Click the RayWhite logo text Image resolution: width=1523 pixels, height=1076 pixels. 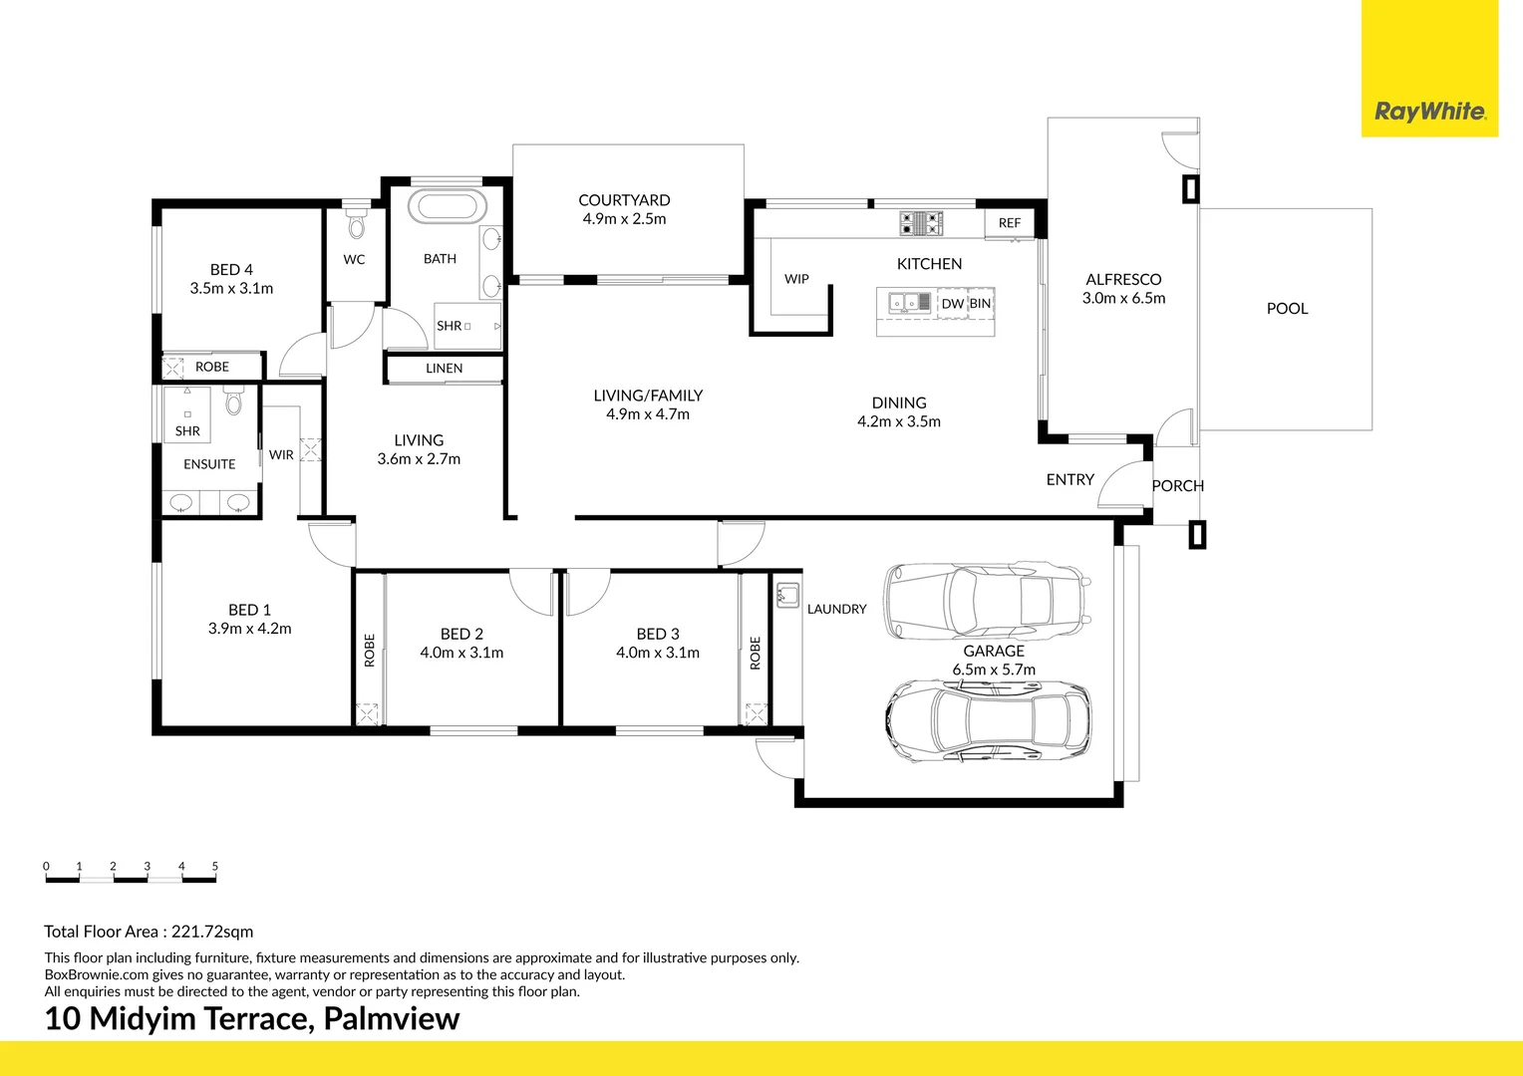(1430, 112)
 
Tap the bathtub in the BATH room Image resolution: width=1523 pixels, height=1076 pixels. (448, 206)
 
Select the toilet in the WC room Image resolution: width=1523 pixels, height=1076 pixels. (356, 221)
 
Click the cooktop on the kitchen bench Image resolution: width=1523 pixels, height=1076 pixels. (921, 223)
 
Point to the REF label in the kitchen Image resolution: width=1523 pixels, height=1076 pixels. (1010, 223)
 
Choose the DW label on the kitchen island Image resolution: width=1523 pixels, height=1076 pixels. (953, 304)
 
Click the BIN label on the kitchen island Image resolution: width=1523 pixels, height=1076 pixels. (980, 303)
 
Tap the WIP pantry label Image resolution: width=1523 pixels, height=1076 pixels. (796, 279)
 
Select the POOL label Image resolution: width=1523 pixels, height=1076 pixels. (1287, 309)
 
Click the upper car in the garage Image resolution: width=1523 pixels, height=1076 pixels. (987, 601)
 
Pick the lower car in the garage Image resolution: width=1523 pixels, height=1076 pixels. (988, 720)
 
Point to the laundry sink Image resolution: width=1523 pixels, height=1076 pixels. (787, 596)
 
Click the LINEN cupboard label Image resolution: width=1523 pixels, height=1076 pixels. (444, 369)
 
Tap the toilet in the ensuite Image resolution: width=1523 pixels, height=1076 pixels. (233, 402)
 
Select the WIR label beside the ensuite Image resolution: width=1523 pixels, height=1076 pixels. (281, 454)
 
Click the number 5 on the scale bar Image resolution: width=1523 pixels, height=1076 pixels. (215, 866)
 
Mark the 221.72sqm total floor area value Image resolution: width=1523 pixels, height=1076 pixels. (212, 932)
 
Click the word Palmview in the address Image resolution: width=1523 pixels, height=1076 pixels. (392, 1018)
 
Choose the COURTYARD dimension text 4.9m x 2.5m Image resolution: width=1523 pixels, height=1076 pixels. (624, 219)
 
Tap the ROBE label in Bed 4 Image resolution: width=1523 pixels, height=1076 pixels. (212, 367)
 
